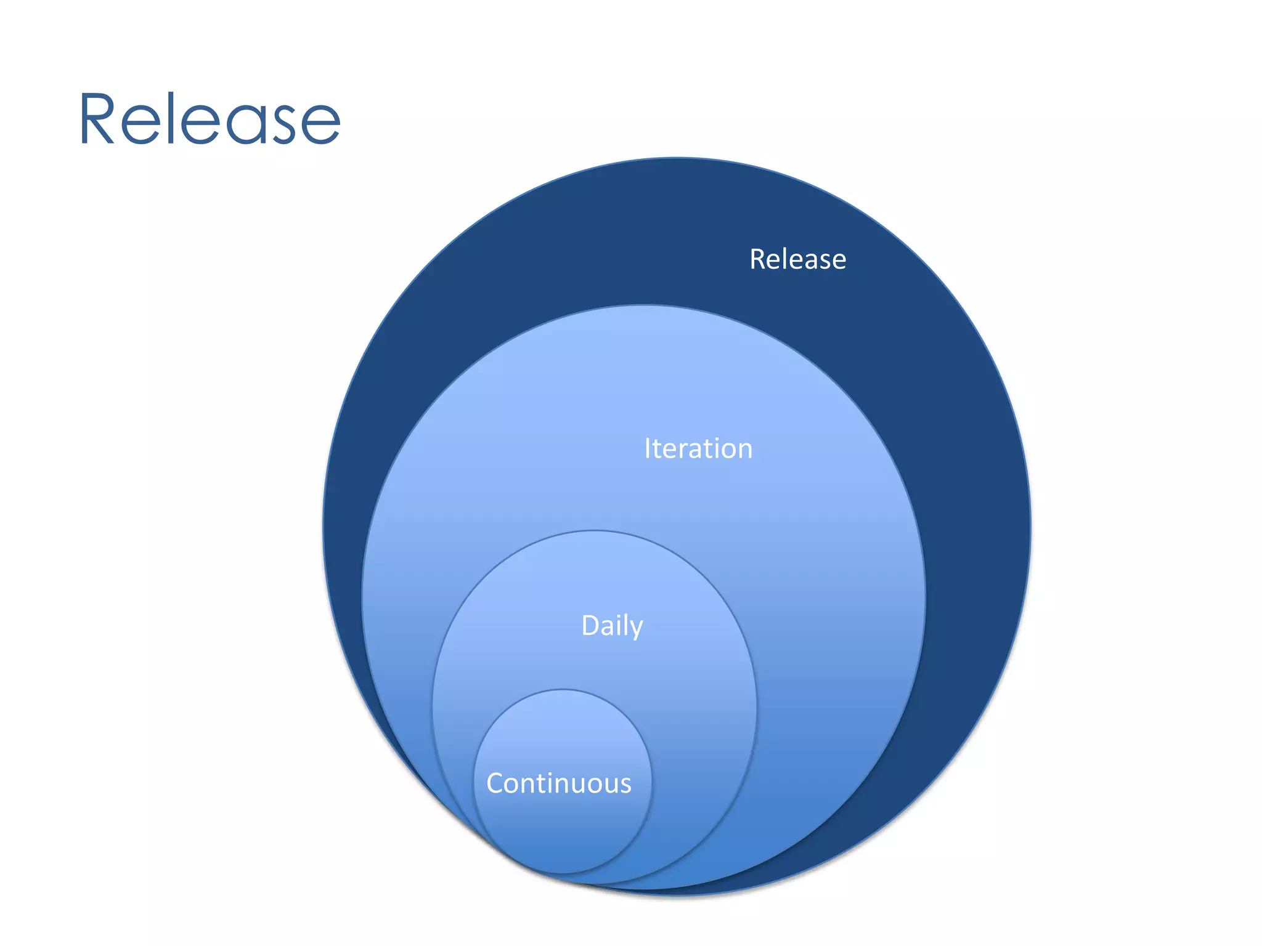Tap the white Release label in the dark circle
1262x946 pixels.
tap(797, 259)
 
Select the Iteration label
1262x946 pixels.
tap(698, 448)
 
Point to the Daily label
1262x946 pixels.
tap(612, 626)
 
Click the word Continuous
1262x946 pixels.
tap(558, 783)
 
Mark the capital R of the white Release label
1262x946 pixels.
tap(757, 259)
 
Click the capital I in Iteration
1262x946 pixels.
tap(647, 448)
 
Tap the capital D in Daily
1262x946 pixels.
tap(590, 626)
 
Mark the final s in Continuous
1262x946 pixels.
tap(625, 785)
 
